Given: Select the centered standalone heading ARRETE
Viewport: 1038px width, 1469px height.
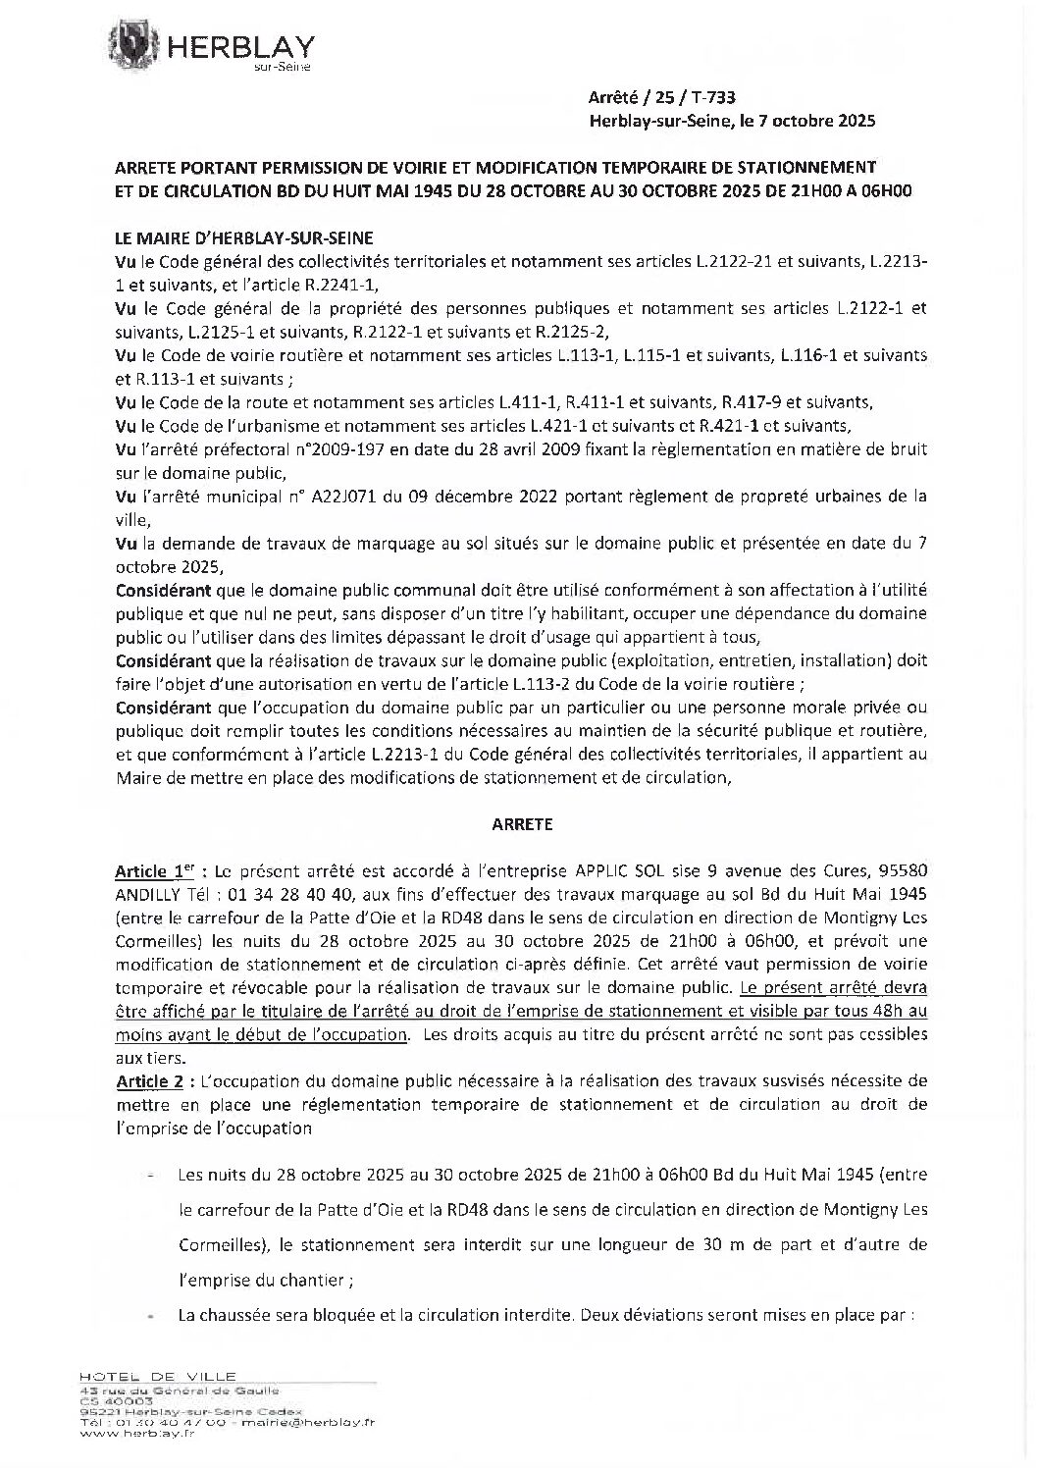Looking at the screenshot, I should click(521, 824).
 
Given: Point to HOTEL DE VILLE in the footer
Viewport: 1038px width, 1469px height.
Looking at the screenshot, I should click(157, 1377).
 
